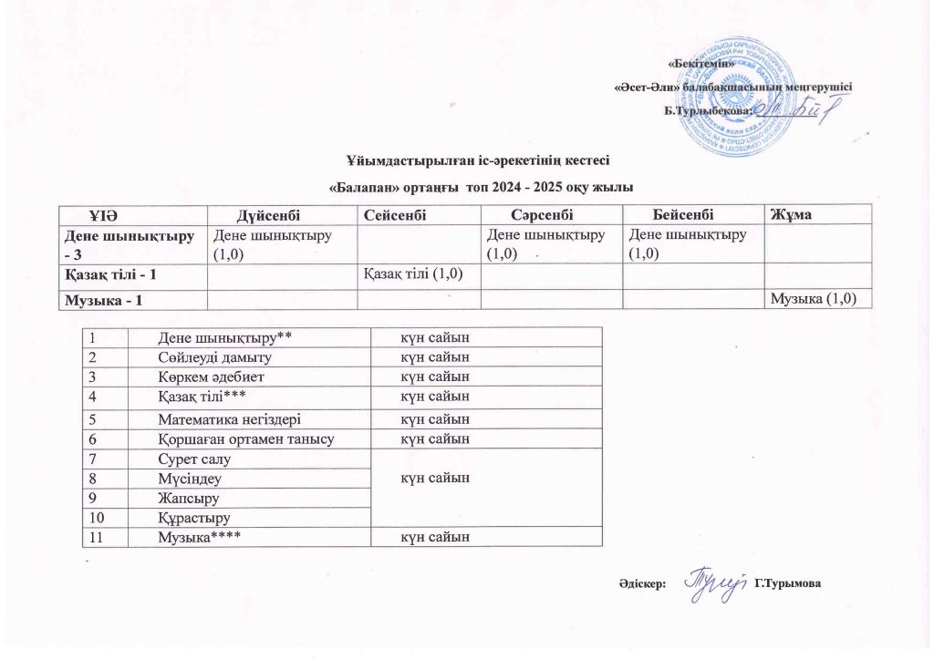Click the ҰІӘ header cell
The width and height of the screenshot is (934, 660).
tap(101, 213)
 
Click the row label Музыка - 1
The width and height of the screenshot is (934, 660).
tap(102, 301)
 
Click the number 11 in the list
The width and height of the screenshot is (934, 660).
tap(97, 537)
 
